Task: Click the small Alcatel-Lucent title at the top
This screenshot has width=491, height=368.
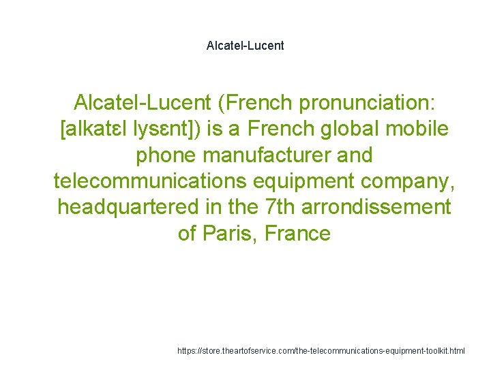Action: pos(245,46)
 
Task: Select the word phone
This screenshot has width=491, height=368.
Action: pos(165,155)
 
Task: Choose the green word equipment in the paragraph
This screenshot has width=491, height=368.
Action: pos(316,181)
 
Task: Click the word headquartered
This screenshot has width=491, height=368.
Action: pos(128,207)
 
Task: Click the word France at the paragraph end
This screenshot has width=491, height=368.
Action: pos(297,233)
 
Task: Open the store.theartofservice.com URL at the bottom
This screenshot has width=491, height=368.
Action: pos(321,351)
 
